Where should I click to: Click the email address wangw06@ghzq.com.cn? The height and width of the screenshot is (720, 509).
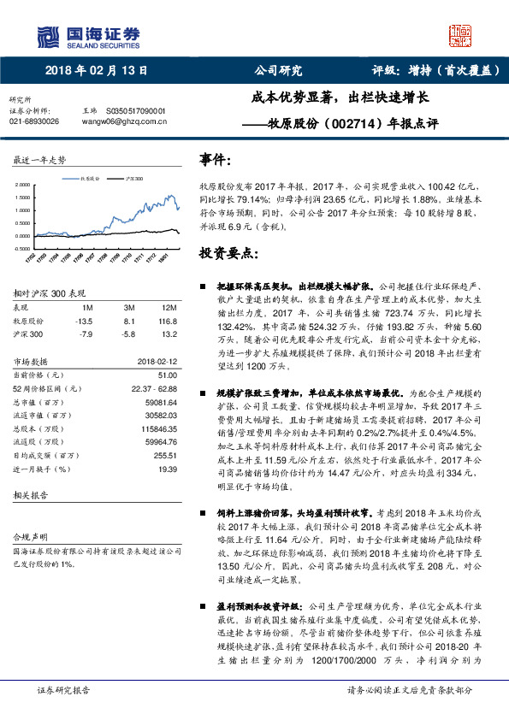coord(123,121)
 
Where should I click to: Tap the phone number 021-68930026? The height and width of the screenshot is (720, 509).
coord(34,121)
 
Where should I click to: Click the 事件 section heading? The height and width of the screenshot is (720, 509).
coord(214,160)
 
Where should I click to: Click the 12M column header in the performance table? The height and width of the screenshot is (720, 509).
coord(169,307)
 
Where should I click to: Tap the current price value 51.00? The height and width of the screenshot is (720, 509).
coord(167,375)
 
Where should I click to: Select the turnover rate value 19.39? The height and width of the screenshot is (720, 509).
coord(167,470)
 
